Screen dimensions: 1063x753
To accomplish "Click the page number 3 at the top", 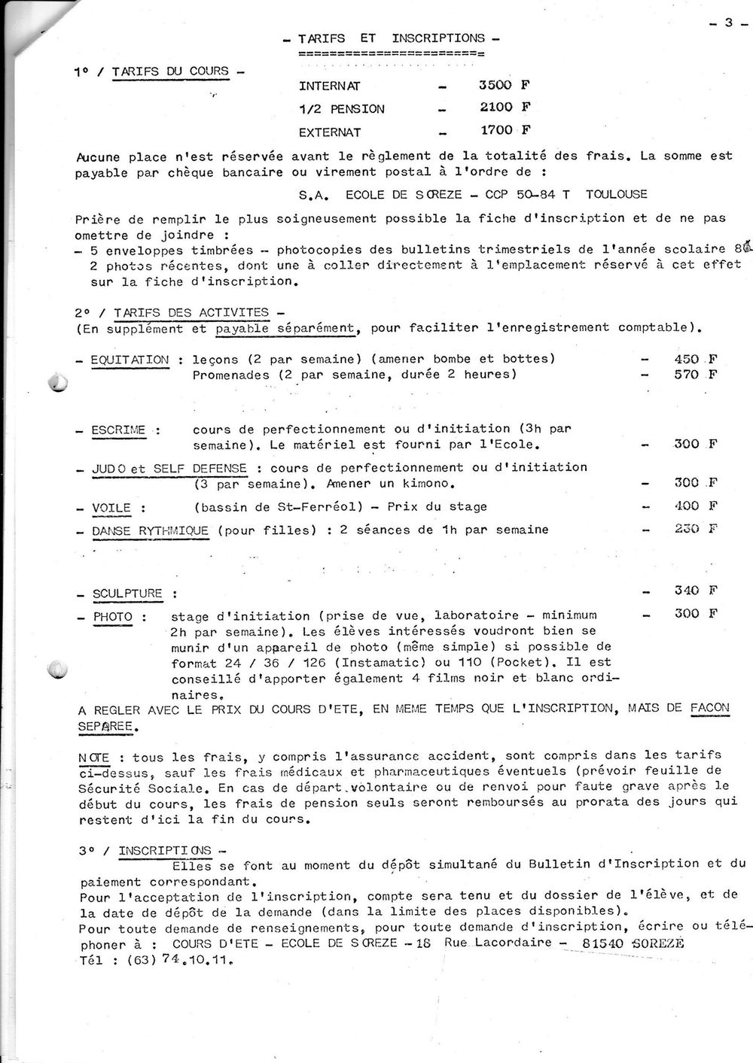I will point(728,23).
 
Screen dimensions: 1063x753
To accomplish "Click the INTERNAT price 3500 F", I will point(505,85).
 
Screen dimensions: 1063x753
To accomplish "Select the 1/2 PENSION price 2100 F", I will point(505,108).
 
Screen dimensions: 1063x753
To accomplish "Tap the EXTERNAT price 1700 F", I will point(505,131).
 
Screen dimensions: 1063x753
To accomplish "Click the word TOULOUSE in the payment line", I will point(616,194).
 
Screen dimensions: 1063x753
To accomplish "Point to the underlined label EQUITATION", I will point(130,360).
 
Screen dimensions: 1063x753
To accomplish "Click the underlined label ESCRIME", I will point(118,430).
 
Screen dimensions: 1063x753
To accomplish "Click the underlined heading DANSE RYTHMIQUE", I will point(151,531).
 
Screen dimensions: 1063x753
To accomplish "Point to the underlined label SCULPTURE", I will point(127,594).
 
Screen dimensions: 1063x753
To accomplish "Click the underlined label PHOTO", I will point(113,617).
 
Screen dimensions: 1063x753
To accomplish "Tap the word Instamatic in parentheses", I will point(371,663).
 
